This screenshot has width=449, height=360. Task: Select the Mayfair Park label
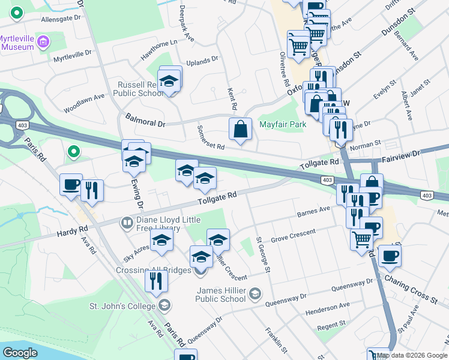pyautogui.click(x=283, y=125)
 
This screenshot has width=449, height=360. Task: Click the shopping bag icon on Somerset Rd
pyautogui.click(x=240, y=129)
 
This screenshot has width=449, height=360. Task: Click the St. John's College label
pyautogui.click(x=123, y=306)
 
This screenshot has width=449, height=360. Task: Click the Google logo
pyautogui.click(x=20, y=353)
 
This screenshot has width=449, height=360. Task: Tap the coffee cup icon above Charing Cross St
pyautogui.click(x=390, y=256)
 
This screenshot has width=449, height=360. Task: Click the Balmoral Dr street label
pyautogui.click(x=145, y=119)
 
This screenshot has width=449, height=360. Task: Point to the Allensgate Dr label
pyautogui.click(x=61, y=19)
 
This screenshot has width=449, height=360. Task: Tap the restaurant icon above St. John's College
pyautogui.click(x=156, y=280)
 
